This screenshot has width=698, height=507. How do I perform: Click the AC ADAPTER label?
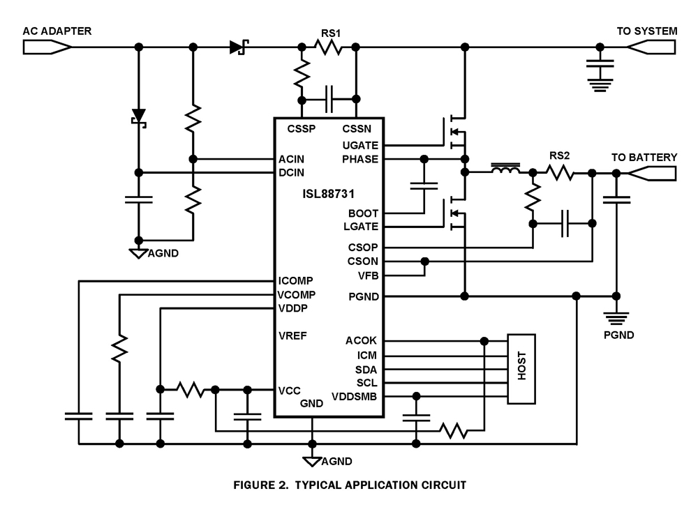click(x=57, y=31)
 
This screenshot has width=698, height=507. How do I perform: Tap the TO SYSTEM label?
click(x=646, y=31)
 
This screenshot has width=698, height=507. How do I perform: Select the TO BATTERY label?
click(x=644, y=158)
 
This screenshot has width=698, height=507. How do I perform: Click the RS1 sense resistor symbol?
click(x=328, y=47)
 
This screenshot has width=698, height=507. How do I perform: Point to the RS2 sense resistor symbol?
click(x=560, y=172)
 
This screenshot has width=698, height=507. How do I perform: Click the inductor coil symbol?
click(x=505, y=171)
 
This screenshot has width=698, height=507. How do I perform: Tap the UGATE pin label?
click(x=360, y=145)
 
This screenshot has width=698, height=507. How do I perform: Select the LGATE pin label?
click(x=361, y=227)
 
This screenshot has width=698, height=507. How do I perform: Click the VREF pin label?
click(x=293, y=335)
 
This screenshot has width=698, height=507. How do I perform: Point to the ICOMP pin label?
click(x=295, y=281)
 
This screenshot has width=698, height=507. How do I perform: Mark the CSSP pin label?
click(x=302, y=129)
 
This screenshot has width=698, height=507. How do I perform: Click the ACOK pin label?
click(x=362, y=341)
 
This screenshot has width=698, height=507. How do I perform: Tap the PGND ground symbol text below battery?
click(x=619, y=335)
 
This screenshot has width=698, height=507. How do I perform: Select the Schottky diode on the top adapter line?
click(x=239, y=47)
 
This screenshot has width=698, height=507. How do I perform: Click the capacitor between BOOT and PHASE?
click(x=423, y=186)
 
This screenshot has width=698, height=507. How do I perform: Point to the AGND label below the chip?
click(x=336, y=461)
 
